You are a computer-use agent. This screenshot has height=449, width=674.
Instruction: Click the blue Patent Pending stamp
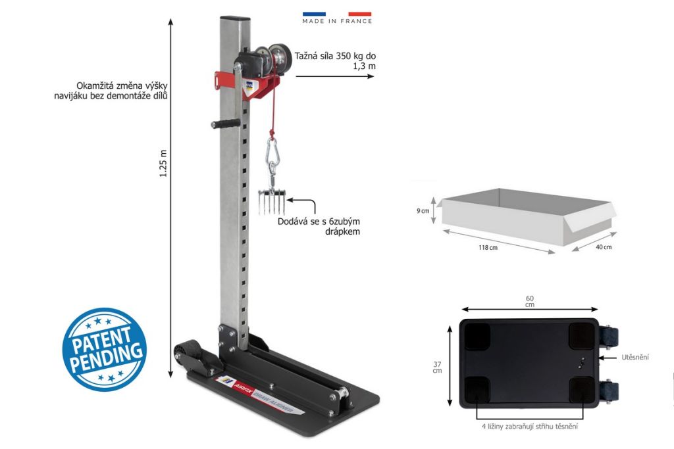[104, 350]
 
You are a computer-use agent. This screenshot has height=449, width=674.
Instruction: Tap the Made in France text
[337, 21]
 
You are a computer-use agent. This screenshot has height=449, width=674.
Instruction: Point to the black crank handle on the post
[225, 124]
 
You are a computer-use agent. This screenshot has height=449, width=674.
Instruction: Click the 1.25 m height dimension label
[163, 164]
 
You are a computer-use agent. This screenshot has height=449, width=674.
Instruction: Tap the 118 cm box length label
[488, 248]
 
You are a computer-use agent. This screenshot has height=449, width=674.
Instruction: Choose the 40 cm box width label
[604, 247]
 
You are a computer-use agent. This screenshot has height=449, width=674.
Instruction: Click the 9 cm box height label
[423, 211]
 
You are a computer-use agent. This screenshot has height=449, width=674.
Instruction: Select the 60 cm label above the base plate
[530, 301]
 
